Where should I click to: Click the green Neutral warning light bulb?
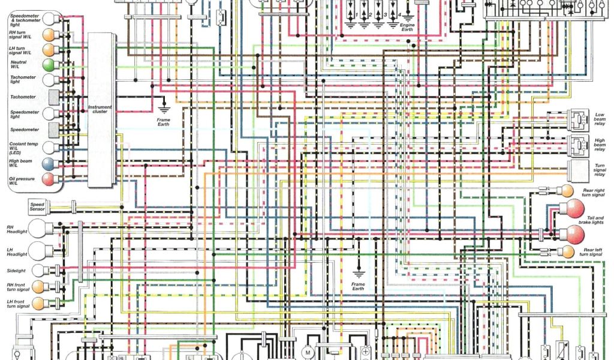click(49, 64)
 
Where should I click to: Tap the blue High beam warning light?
click(49, 163)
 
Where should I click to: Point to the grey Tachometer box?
click(53, 97)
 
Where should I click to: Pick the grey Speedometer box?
click(53, 130)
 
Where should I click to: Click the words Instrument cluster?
click(100, 109)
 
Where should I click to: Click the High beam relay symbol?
click(579, 144)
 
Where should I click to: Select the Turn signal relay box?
click(579, 170)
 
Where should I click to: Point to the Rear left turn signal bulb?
click(565, 251)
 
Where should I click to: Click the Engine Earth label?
click(409, 27)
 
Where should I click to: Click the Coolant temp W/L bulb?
click(49, 147)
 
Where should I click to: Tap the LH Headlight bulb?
click(41, 251)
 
